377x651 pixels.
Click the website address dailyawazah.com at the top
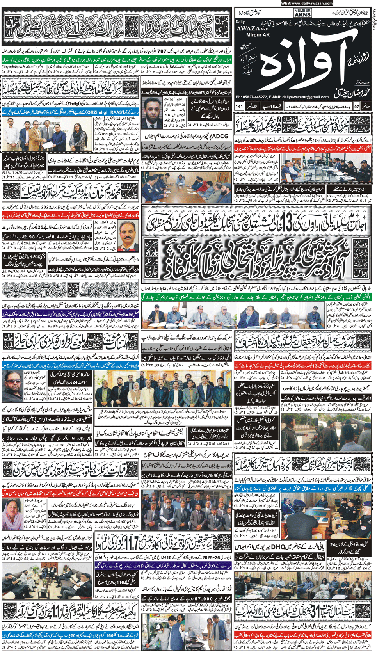tap(307, 3)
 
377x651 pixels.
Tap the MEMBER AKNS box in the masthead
tap(302, 13)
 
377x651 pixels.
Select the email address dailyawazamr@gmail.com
tap(306, 97)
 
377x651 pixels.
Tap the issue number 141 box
tap(239, 106)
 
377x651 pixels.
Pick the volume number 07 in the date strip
tap(356, 106)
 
